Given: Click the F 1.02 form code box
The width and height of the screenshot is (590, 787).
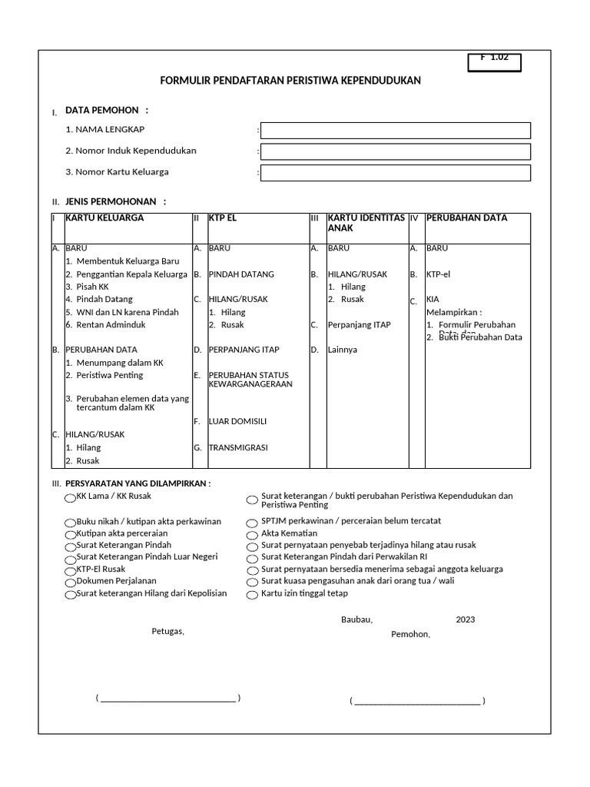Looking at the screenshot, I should point(494,61).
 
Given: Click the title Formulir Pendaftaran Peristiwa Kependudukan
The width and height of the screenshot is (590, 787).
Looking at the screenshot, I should point(290,81).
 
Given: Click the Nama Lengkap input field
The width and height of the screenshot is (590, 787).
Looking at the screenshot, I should point(395,131).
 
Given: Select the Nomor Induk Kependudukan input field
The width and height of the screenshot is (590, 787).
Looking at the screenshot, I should point(395,151).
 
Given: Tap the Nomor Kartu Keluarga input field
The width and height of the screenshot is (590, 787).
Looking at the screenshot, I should point(395,173).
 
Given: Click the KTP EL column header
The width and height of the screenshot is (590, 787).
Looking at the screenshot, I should point(223,218).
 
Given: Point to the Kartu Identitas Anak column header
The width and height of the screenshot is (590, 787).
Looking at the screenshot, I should point(366,223).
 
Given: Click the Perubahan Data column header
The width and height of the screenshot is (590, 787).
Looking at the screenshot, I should point(466,218).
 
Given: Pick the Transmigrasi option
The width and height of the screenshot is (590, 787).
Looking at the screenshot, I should point(238,447).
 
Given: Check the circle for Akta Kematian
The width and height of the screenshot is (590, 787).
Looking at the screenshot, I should point(251,534).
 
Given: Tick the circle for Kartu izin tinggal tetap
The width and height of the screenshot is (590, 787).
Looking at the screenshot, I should point(251,595).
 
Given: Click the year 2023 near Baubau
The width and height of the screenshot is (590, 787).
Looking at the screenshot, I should point(466,619).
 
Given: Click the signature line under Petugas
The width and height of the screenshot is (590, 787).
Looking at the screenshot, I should point(168,698).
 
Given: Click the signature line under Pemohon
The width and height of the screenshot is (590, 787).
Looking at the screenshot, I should point(417,701).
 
